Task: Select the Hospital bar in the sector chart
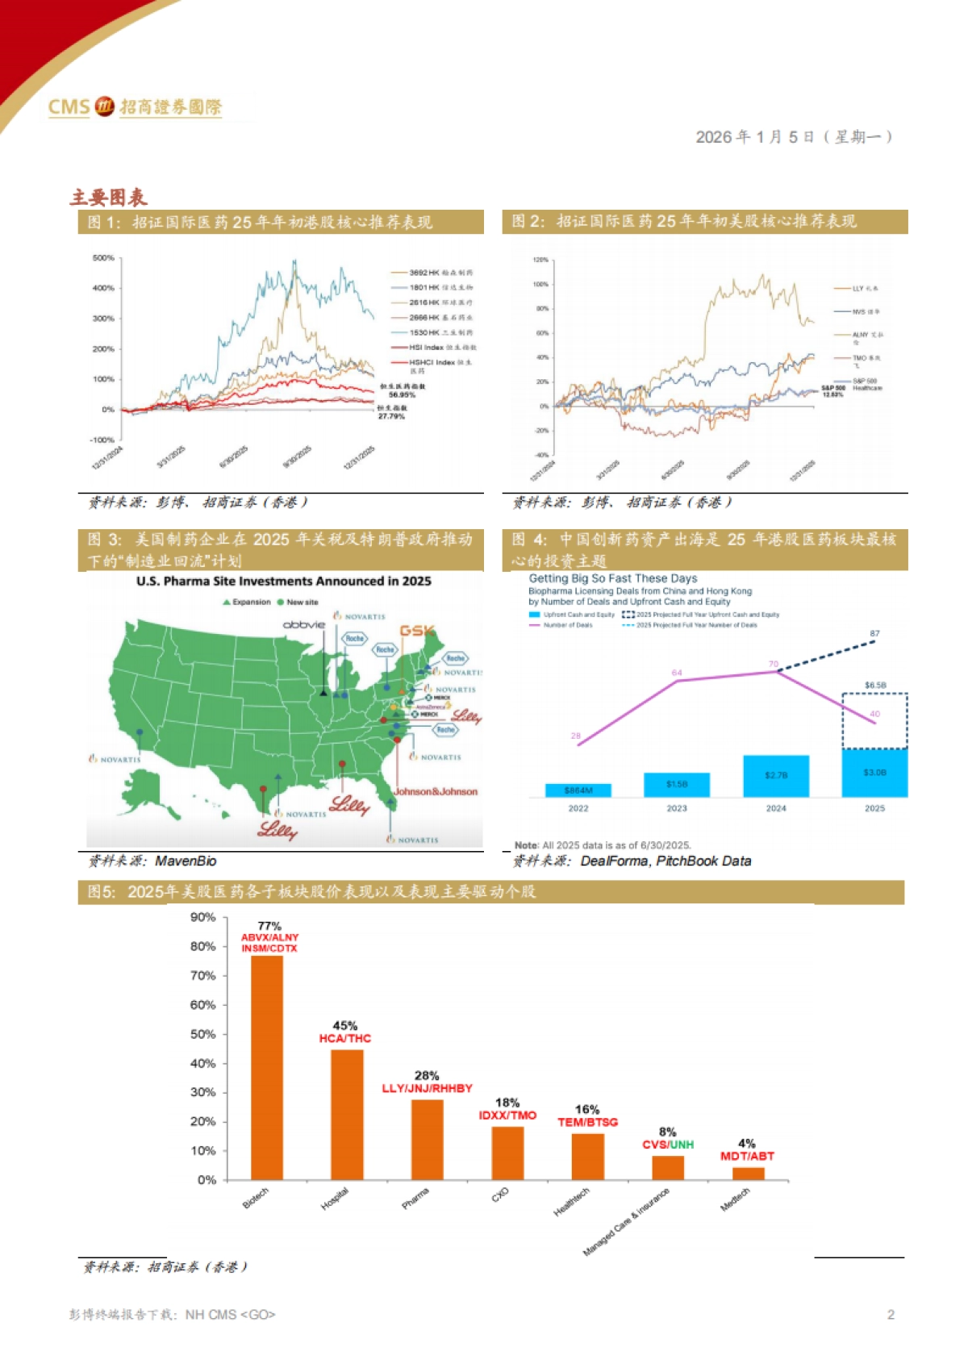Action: click(347, 1114)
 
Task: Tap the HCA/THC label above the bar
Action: click(345, 1038)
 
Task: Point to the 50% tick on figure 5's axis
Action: click(203, 1034)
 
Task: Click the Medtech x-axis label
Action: click(735, 1199)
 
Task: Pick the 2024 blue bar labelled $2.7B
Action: click(775, 776)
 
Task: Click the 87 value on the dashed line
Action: click(874, 633)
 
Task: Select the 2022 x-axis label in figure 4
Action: click(578, 808)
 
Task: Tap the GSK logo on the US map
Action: click(417, 631)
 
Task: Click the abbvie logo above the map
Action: click(304, 624)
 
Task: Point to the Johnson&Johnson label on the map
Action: click(436, 791)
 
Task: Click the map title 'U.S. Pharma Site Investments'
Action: click(284, 581)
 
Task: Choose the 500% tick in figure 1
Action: click(103, 258)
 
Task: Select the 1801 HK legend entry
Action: click(432, 287)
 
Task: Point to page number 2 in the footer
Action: click(891, 1315)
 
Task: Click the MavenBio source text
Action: click(186, 861)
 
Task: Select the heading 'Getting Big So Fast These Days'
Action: click(613, 578)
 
